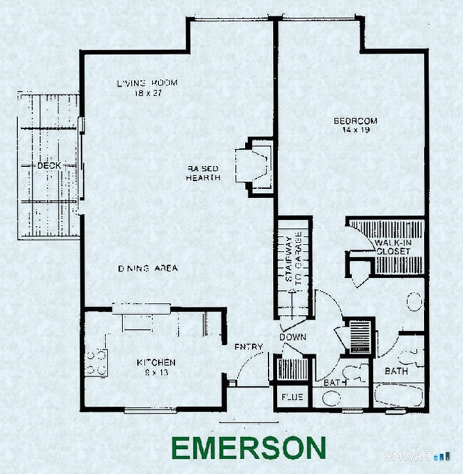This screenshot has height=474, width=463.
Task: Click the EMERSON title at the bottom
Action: [249, 448]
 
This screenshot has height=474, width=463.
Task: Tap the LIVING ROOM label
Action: [147, 83]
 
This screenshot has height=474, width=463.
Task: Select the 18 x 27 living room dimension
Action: [147, 93]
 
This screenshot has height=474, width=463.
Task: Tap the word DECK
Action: [48, 165]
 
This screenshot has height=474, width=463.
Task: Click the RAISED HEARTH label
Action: [203, 172]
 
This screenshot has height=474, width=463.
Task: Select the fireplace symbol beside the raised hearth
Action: [255, 166]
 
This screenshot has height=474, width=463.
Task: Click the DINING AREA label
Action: [147, 269]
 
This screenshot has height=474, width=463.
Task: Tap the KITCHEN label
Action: [156, 363]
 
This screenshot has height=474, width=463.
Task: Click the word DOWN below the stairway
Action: [292, 336]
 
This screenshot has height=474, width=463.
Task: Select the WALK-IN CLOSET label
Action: [392, 247]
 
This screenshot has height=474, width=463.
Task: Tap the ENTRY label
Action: [249, 347]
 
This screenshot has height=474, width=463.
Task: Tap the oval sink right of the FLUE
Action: [332, 398]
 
